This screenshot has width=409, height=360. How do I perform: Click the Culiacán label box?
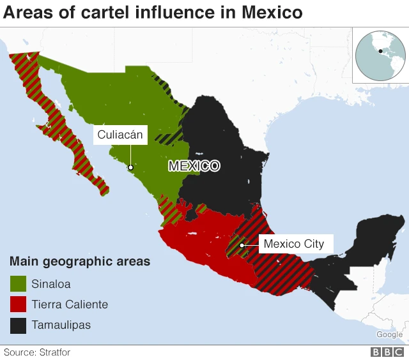(121, 135)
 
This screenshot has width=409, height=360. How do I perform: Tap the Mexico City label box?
(293, 244)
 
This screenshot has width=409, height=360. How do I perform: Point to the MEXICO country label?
(194, 166)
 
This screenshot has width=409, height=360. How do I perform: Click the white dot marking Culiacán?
(130, 169)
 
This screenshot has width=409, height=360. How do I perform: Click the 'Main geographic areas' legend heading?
(80, 262)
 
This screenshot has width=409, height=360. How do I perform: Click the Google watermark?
(389, 334)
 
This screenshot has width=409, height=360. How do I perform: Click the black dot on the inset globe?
(380, 51)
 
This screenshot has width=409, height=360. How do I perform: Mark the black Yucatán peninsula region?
(377, 236)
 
